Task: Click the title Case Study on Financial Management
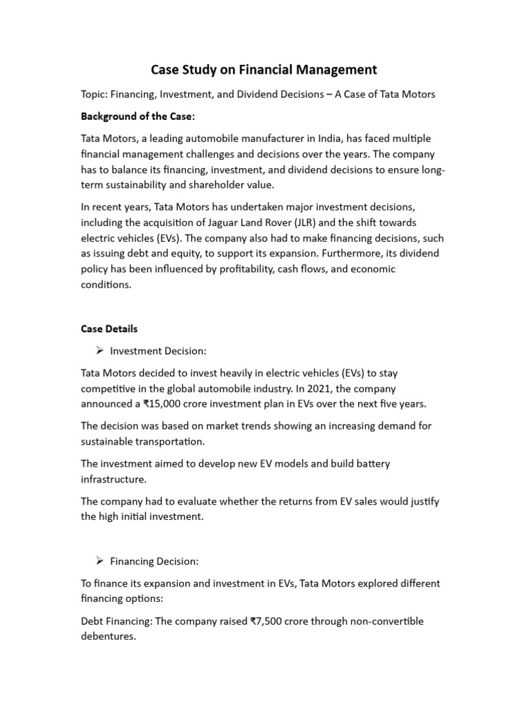pos(264,70)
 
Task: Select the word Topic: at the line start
pos(96,94)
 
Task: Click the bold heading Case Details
pos(110,329)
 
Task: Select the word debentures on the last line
pos(108,637)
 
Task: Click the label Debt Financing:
pos(116,621)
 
